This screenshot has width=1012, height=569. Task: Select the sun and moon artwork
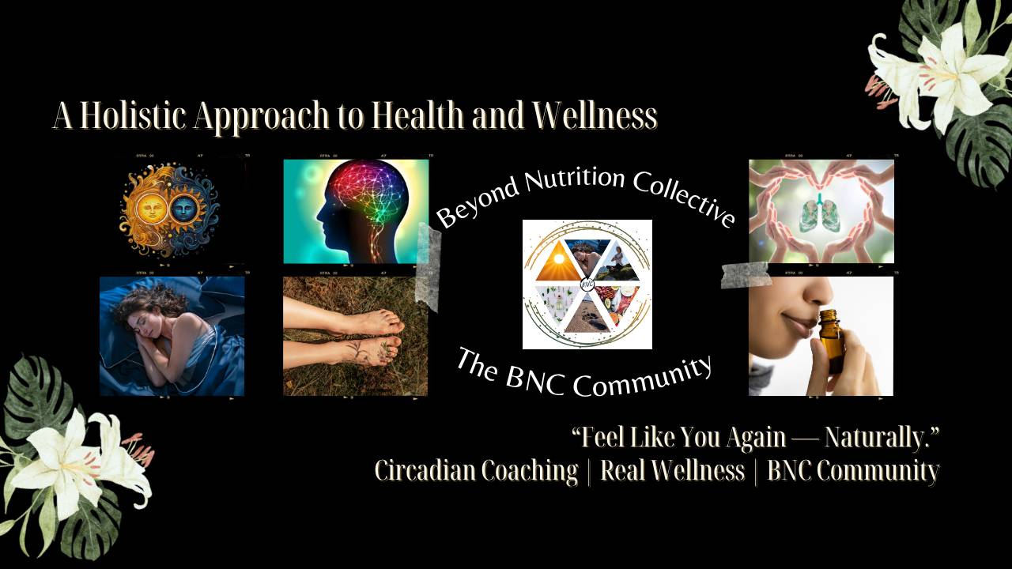(169, 209)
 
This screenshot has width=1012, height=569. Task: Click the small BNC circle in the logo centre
(587, 284)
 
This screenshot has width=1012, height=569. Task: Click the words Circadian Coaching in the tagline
(476, 471)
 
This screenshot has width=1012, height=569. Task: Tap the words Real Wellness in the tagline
(672, 471)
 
